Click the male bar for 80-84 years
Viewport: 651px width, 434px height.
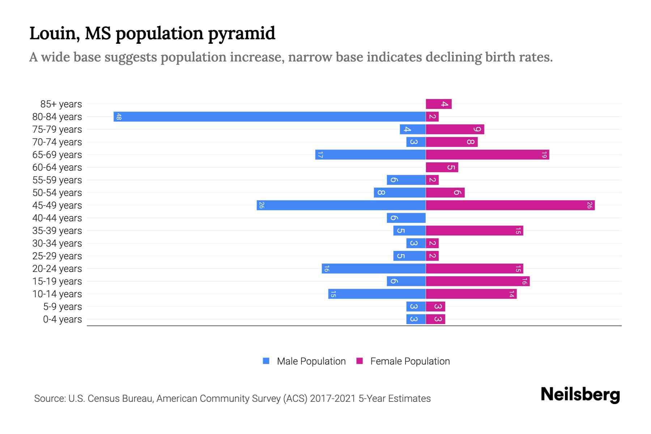[269, 116]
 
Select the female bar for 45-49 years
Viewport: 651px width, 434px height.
[510, 205]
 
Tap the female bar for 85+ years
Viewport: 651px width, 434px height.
[438, 104]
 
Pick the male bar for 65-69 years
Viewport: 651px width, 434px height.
[370, 155]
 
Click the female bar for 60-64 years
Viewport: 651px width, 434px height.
[442, 167]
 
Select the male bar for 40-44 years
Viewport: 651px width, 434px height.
[406, 218]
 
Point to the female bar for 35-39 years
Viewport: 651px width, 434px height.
[474, 231]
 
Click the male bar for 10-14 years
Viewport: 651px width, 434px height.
[376, 294]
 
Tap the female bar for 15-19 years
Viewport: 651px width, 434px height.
[477, 281]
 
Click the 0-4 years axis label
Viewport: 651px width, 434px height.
[62, 319]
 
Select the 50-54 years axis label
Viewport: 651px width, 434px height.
[57, 193]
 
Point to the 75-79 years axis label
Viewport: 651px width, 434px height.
[57, 129]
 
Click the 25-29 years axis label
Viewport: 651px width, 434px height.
[57, 256]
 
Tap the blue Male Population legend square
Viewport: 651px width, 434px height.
[266, 361]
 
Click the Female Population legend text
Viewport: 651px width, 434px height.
[410, 361]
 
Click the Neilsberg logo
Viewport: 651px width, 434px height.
[580, 395]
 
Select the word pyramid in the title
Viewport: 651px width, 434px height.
[241, 34]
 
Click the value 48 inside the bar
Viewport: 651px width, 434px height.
[119, 117]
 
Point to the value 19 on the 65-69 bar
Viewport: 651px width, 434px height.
[544, 155]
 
